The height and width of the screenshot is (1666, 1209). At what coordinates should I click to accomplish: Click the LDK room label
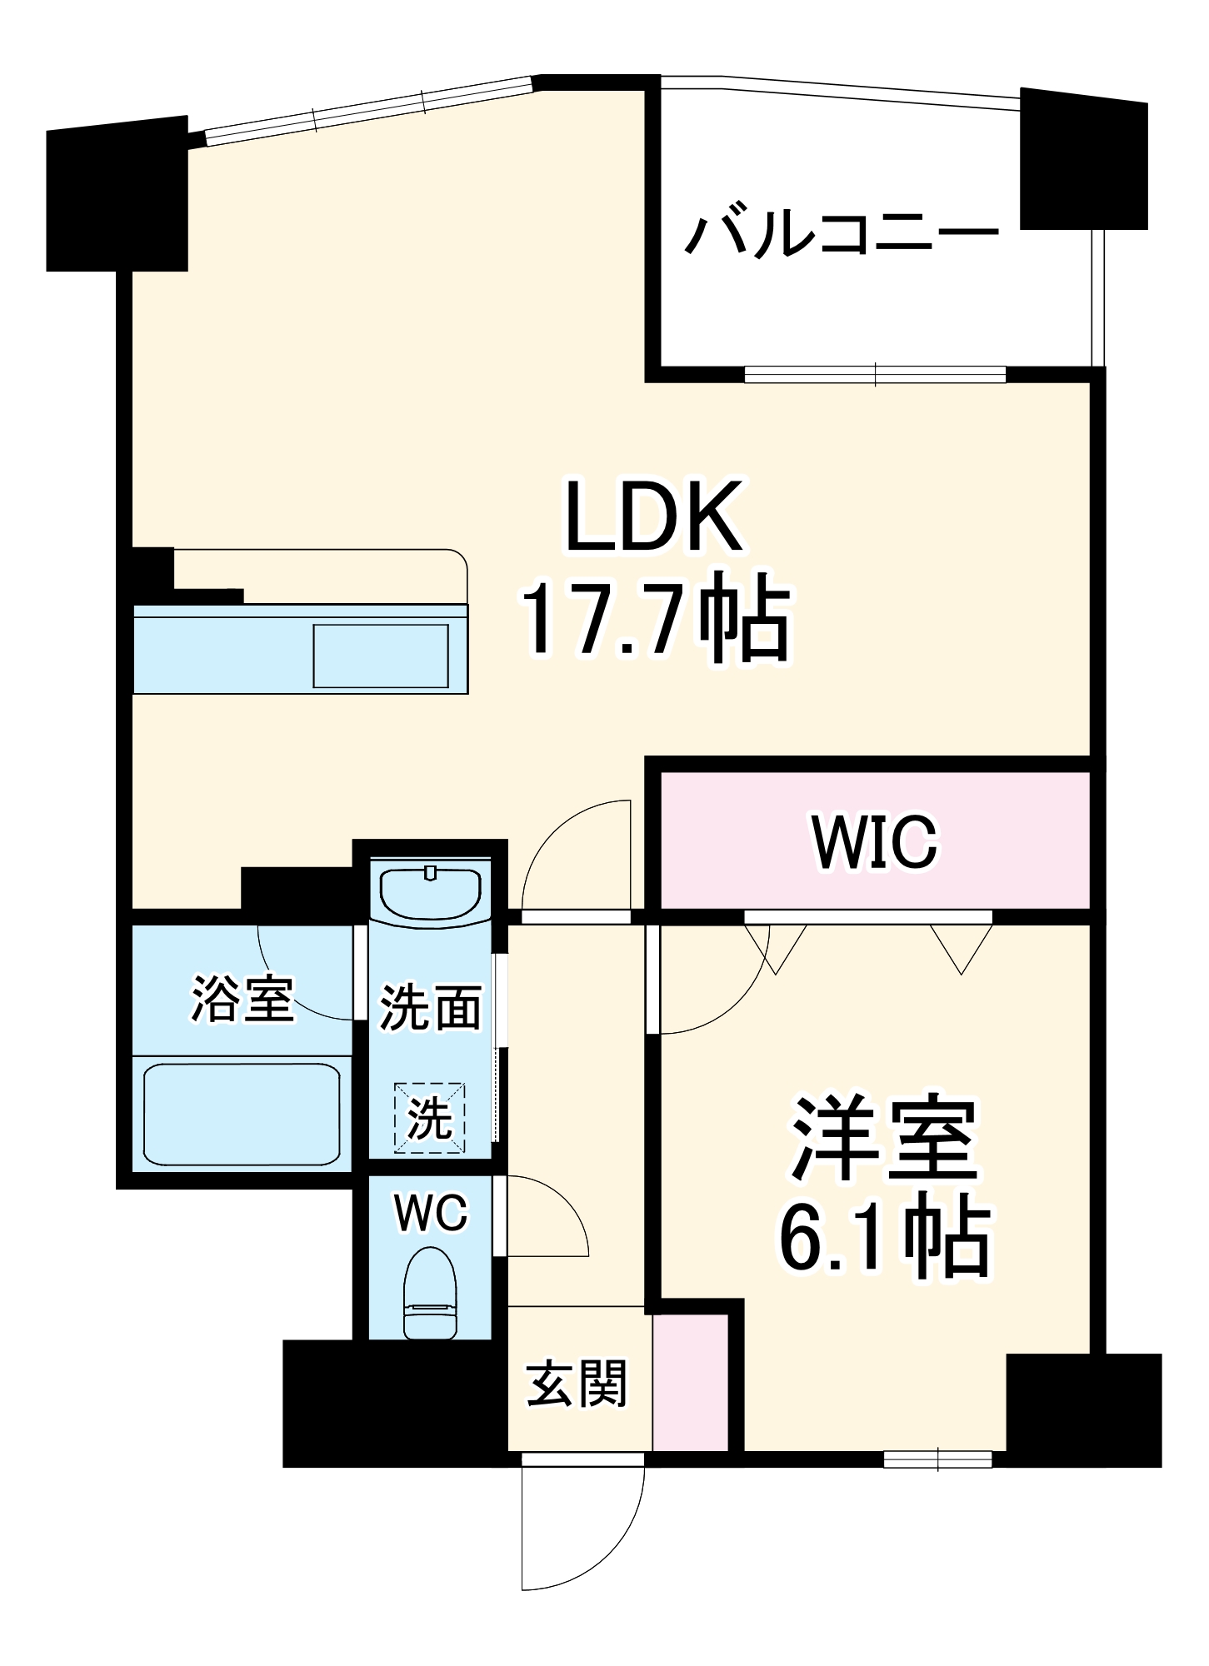click(x=654, y=516)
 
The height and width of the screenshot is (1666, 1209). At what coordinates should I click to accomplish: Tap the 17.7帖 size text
click(x=655, y=620)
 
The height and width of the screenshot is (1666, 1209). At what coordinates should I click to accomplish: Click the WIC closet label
click(x=875, y=842)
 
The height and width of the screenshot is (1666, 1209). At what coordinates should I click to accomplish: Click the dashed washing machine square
click(x=430, y=1118)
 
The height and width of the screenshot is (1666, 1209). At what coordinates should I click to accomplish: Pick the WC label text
click(x=432, y=1213)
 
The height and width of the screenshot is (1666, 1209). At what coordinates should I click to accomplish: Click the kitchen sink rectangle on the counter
click(x=381, y=656)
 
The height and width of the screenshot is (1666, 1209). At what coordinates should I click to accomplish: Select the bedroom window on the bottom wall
click(x=938, y=1459)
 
